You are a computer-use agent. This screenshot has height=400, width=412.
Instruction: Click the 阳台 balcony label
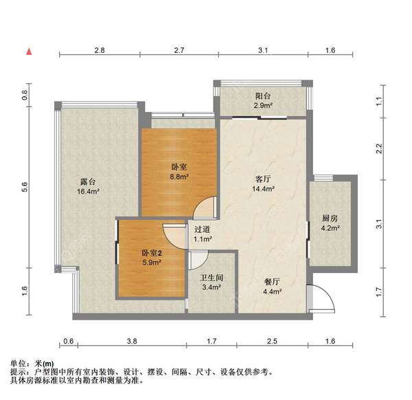(x=262, y=97)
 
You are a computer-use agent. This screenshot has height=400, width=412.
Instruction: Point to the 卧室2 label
(x=152, y=253)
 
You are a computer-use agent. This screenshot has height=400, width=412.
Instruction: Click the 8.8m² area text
(x=179, y=176)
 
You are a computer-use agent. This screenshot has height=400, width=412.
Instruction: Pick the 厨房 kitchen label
(x=330, y=219)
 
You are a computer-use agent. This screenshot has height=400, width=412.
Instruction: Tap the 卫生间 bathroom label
(x=210, y=278)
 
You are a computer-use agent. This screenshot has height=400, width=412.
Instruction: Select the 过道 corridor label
(x=202, y=230)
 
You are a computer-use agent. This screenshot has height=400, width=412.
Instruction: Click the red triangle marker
(x=28, y=52)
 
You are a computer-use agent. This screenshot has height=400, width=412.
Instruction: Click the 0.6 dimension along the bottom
(x=68, y=342)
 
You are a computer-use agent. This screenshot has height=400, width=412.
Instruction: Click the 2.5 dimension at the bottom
(x=272, y=342)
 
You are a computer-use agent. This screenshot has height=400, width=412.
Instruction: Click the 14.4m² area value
(x=262, y=188)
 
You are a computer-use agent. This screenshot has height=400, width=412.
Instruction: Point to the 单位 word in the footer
(x=19, y=364)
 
